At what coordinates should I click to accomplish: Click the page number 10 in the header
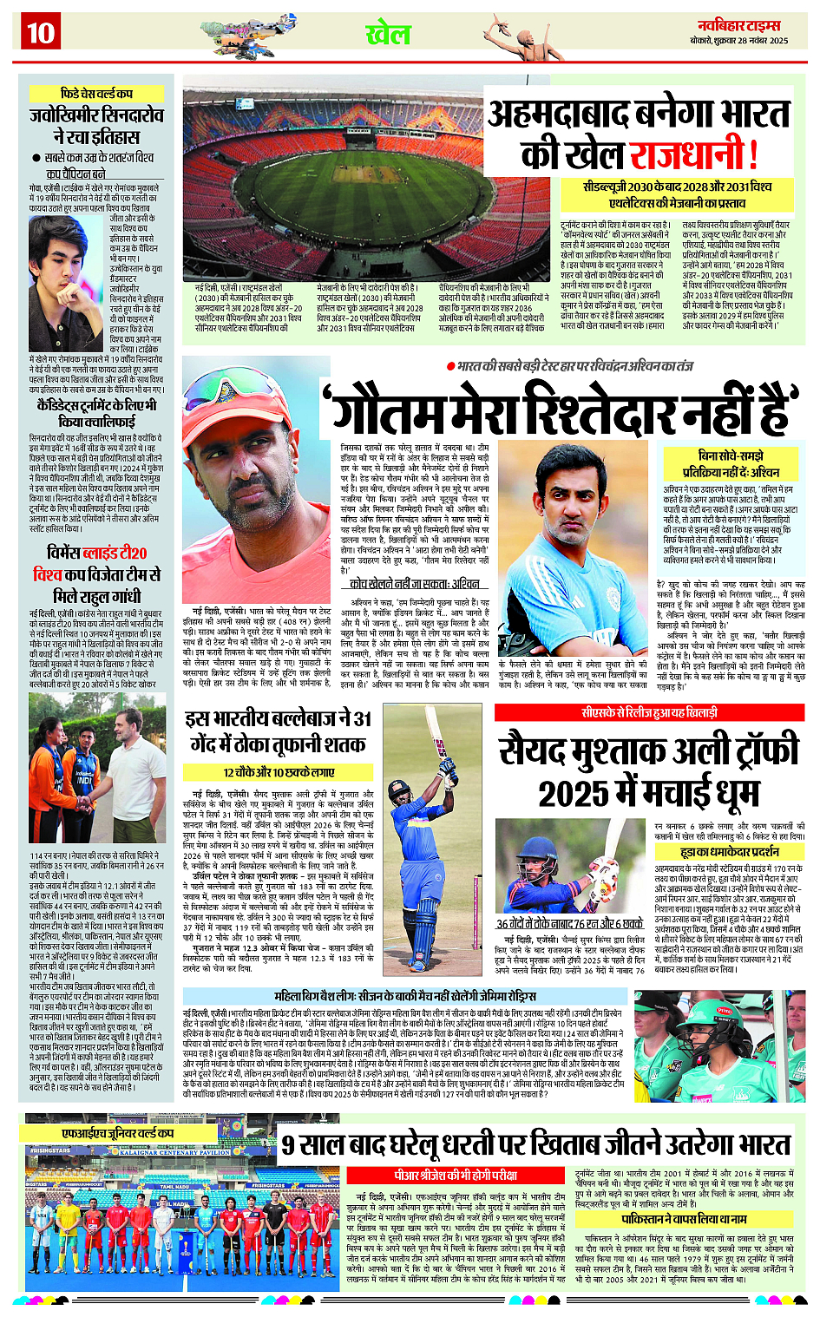coord(40,33)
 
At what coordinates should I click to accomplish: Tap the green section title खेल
coord(388,34)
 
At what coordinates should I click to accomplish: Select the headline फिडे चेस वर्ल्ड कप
coord(96,93)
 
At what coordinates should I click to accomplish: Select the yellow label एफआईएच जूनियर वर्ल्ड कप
coord(118,1133)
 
